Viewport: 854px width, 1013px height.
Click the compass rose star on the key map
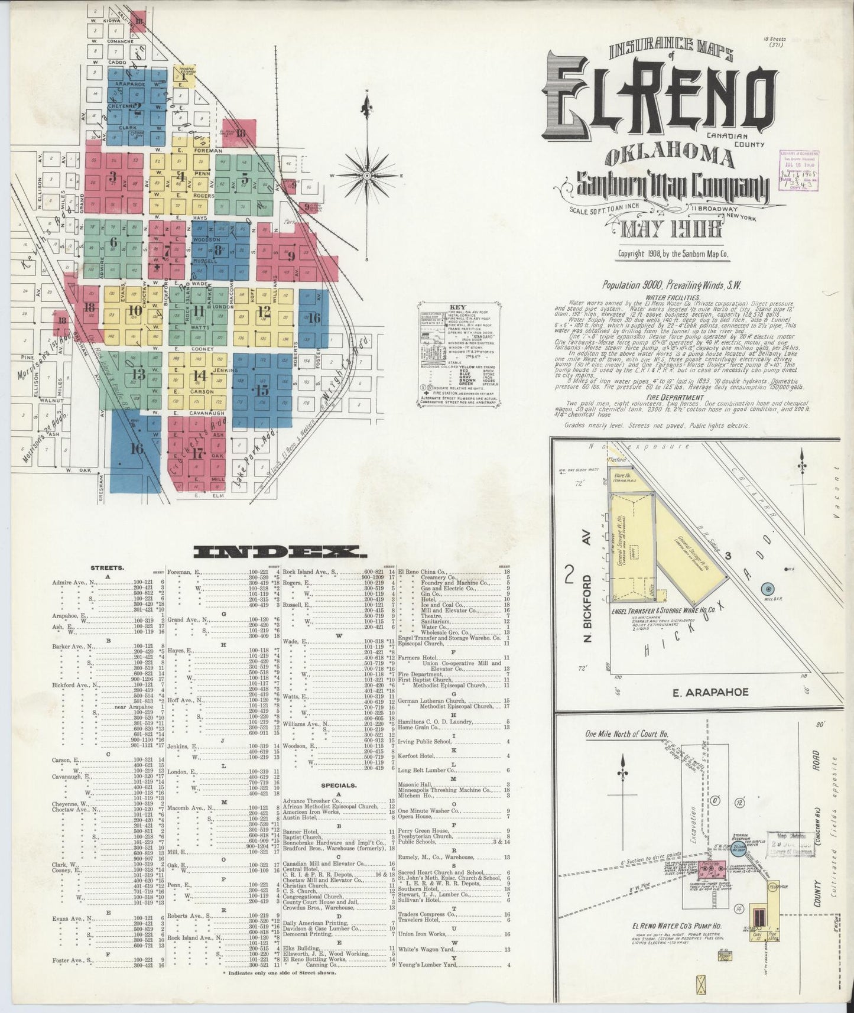367,176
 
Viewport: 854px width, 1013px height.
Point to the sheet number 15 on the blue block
262,390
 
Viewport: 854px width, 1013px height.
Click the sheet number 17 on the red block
197,454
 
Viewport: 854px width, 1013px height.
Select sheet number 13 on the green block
138,374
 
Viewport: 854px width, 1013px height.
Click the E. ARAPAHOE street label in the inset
710,691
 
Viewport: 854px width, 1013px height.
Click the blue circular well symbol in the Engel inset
768,589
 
